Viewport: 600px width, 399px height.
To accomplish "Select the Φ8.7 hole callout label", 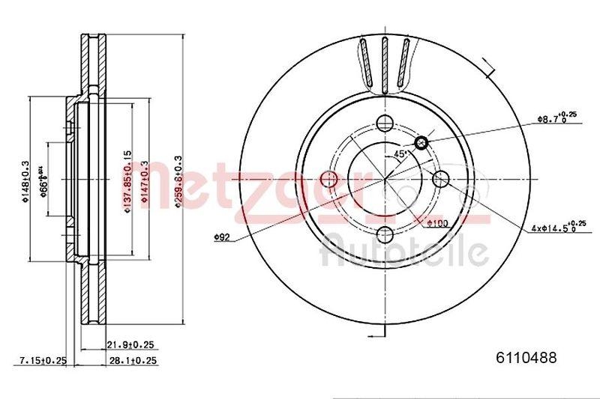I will click(x=556, y=118).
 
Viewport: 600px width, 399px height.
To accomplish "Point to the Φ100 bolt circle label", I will click(x=436, y=222).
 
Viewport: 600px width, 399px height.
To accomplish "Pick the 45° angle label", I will click(x=400, y=153).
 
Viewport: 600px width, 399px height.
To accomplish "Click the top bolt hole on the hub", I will click(x=385, y=124).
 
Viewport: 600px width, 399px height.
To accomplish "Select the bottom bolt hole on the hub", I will click(x=385, y=234).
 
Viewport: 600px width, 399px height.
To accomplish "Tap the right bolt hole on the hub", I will click(x=440, y=178).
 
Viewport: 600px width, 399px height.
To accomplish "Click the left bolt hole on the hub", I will click(x=328, y=179).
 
